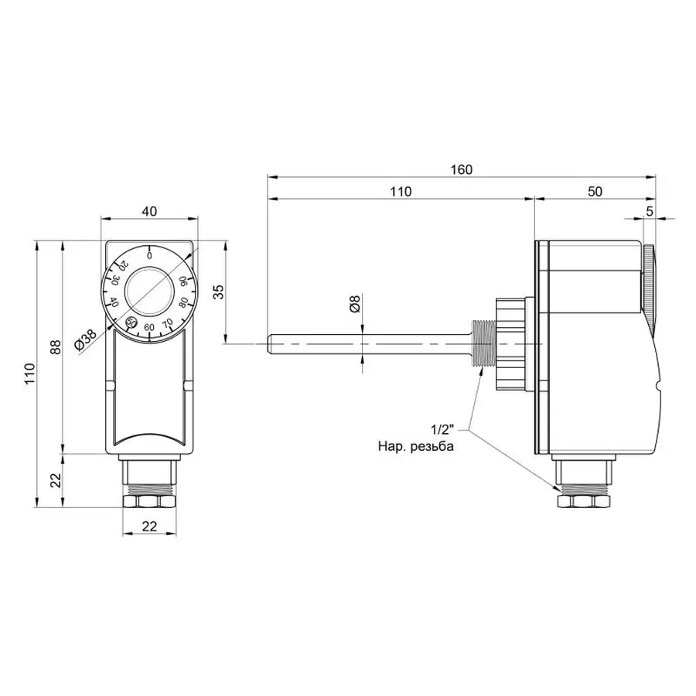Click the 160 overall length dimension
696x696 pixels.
(x=462, y=169)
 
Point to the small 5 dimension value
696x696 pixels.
(x=649, y=210)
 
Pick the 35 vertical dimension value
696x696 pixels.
(x=219, y=292)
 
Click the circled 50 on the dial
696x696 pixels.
(x=131, y=320)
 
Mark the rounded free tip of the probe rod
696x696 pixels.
(x=269, y=341)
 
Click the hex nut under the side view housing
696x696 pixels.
(x=583, y=502)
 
